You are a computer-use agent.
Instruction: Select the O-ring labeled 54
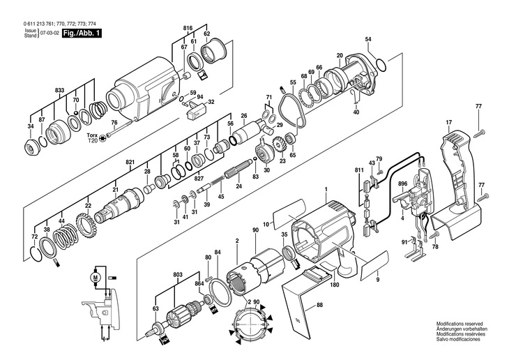pos(381,65)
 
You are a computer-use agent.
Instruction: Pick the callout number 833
pos(60,91)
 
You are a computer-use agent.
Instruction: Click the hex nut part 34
pos(31,147)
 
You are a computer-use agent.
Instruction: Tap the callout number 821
pos(130,162)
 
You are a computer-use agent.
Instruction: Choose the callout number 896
pos(402,185)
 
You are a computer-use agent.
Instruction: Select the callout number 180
pos(334,285)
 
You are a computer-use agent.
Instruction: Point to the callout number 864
pos(199,285)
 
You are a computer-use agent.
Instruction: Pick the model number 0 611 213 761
pos(43,24)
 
